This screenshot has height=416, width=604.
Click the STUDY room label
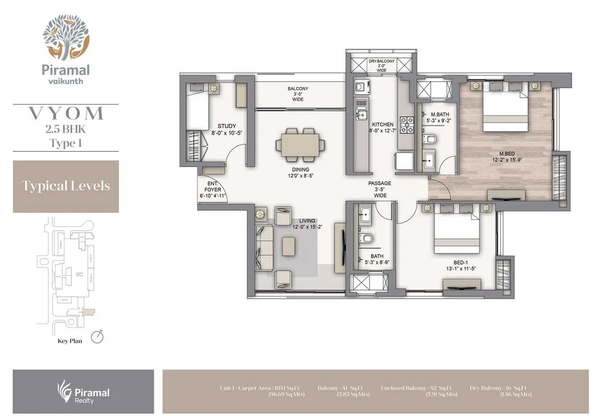227,126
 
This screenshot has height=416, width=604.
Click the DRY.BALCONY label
381,61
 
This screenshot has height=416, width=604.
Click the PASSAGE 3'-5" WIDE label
379,189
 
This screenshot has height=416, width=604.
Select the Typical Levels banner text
66,185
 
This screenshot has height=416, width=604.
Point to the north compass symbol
97,337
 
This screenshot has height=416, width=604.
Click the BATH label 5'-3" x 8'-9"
377,260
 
